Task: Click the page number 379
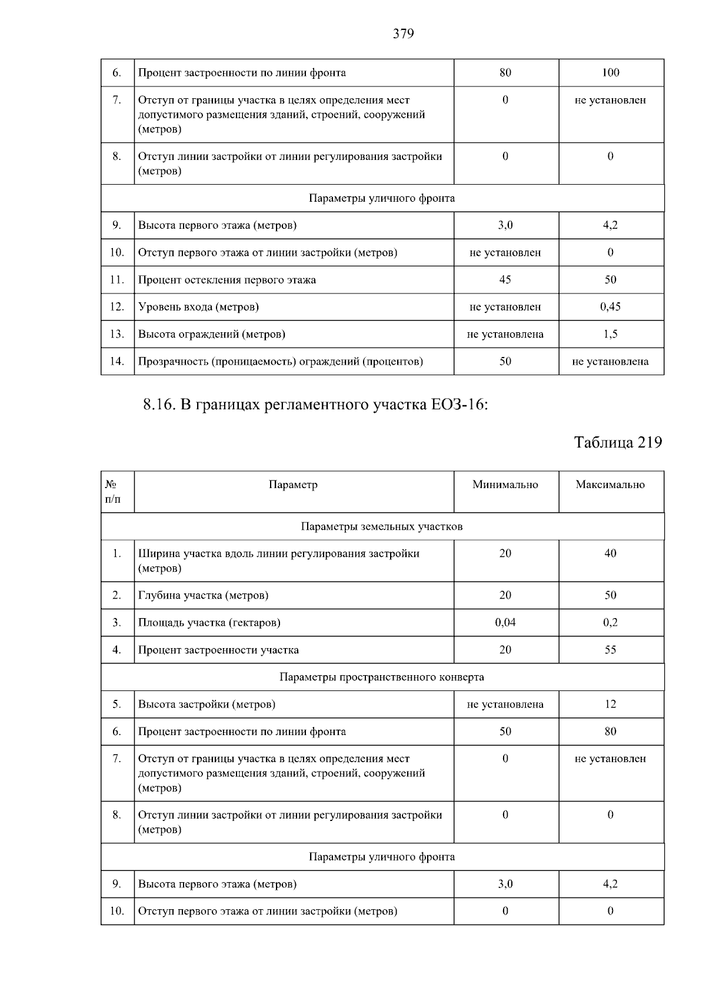pyautogui.click(x=403, y=34)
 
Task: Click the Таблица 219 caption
pyautogui.click(x=618, y=442)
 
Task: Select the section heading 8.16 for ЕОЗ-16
pyautogui.click(x=315, y=405)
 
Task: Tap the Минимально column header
pyautogui.click(x=505, y=485)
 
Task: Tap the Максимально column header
pyautogui.click(x=610, y=485)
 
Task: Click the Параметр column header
pyautogui.click(x=293, y=485)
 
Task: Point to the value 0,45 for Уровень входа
pyautogui.click(x=610, y=306)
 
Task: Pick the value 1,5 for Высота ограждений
pyautogui.click(x=610, y=334)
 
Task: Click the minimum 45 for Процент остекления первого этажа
pyautogui.click(x=505, y=279)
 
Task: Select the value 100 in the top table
pyautogui.click(x=610, y=72)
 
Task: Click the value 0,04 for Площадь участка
pyautogui.click(x=505, y=622)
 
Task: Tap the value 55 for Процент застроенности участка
pyautogui.click(x=610, y=650)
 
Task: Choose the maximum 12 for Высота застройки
pyautogui.click(x=610, y=704)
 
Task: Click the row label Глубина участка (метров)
pyautogui.click(x=204, y=595)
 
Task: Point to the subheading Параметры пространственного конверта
pyautogui.click(x=382, y=677)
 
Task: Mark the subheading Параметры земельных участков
pyautogui.click(x=382, y=526)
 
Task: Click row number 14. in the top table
pyautogui.click(x=116, y=361)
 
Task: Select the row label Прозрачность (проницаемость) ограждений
pyautogui.click(x=281, y=361)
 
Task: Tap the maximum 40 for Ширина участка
pyautogui.click(x=610, y=553)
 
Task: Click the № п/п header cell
pyautogui.click(x=113, y=492)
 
